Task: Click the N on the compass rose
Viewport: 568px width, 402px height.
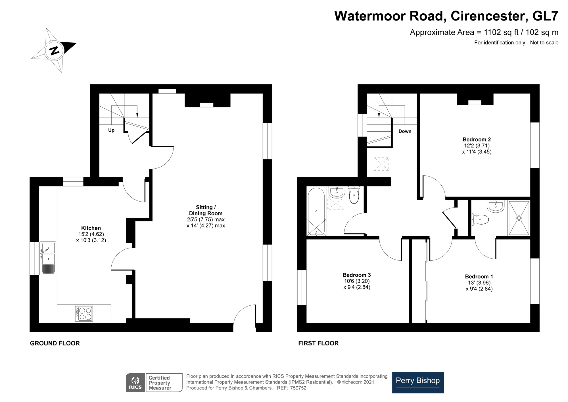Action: (54, 51)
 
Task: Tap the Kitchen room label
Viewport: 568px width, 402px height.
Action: (91, 228)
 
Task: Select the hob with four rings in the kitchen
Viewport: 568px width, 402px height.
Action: (84, 314)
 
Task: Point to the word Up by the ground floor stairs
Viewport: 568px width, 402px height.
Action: (111, 130)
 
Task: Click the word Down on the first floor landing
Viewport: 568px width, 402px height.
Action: (405, 131)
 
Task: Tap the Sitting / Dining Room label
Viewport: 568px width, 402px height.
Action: (206, 210)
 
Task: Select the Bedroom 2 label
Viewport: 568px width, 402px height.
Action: (477, 140)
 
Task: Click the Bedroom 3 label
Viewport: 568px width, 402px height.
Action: (357, 275)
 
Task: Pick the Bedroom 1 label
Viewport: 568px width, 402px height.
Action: (479, 277)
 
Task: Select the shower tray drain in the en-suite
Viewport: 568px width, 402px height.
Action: (519, 218)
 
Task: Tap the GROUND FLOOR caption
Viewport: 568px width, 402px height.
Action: (55, 343)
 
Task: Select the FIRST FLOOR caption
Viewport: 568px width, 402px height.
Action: (318, 343)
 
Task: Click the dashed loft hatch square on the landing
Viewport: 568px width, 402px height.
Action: (381, 164)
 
